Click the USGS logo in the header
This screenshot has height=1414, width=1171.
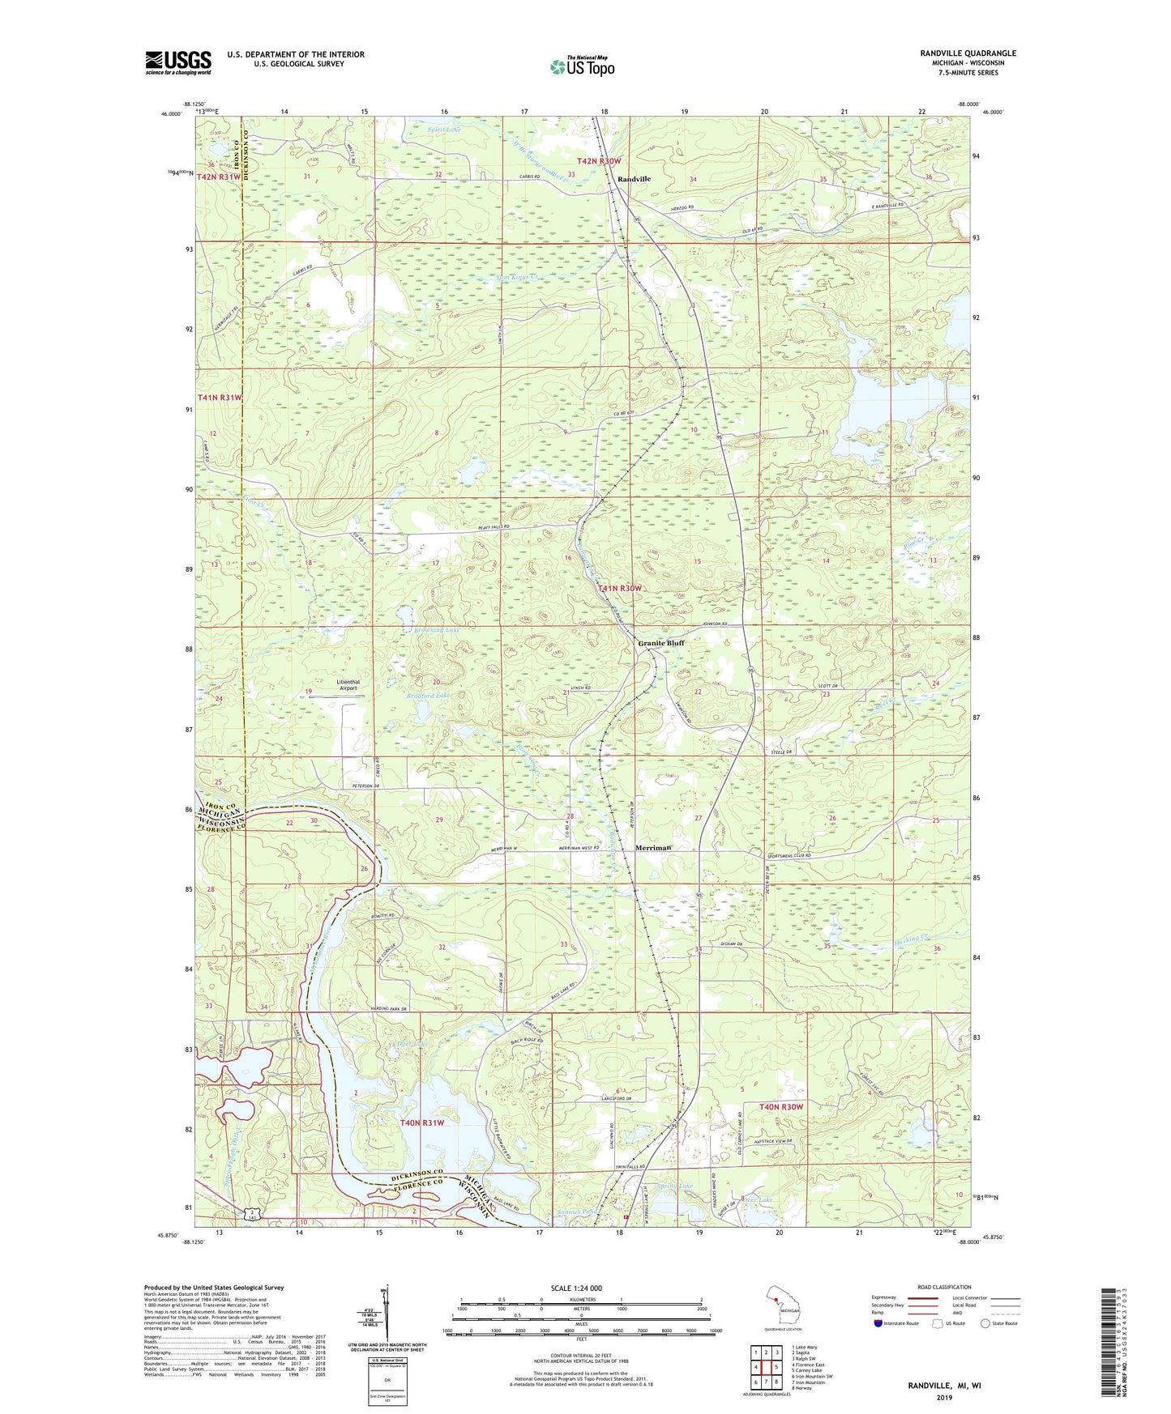178,62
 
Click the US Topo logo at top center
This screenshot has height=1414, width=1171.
581,67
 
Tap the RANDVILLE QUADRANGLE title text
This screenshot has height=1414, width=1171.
968,53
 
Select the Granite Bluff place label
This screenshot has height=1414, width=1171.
660,644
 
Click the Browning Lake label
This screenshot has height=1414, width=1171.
436,629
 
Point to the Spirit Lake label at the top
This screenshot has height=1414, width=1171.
444,128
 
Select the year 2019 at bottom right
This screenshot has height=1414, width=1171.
944,1397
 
